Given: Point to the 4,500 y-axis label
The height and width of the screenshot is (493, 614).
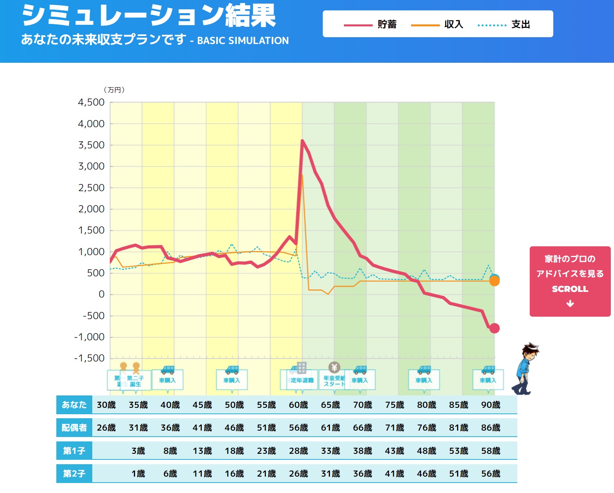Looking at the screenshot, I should click(x=91, y=102).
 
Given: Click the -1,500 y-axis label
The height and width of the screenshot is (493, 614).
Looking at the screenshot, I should click(x=89, y=358).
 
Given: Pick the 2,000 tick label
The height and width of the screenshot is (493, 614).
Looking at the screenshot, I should click(x=91, y=209).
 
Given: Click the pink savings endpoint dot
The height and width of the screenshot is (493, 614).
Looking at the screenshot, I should click(x=495, y=328).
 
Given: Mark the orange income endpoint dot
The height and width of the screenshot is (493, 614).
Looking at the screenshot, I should click(x=495, y=281).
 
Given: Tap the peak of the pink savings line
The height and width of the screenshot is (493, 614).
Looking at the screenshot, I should click(x=302, y=141).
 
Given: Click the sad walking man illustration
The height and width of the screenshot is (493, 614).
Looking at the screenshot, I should click(x=525, y=369).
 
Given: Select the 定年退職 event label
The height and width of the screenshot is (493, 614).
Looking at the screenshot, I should click(x=302, y=380).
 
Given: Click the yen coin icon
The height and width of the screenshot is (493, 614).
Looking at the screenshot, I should click(x=334, y=367).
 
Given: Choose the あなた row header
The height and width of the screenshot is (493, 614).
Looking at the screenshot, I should click(x=74, y=405).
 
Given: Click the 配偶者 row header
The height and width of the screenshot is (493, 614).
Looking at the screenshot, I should click(x=74, y=427).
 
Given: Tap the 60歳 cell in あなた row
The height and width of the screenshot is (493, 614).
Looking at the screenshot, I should click(x=298, y=405).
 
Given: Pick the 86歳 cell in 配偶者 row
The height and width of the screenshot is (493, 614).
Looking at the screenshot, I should click(x=491, y=427).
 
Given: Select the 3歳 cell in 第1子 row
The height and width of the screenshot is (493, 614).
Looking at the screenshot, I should click(x=138, y=451).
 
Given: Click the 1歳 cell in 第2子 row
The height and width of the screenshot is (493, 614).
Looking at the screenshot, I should click(x=138, y=473).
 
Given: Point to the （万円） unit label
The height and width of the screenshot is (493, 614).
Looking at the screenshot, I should click(x=114, y=90).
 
